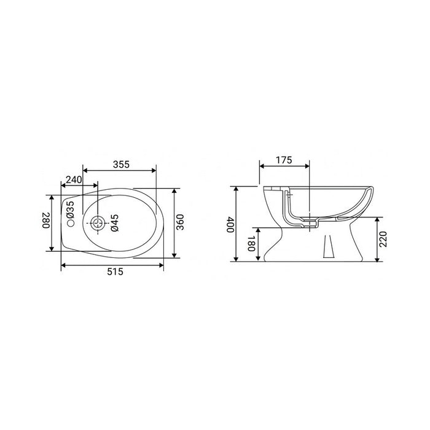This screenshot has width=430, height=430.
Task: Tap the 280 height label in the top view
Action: pyautogui.click(x=45, y=222)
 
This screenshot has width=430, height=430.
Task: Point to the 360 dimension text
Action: pyautogui.click(x=180, y=222)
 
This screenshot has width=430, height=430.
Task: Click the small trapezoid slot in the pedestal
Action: pyautogui.click(x=328, y=248)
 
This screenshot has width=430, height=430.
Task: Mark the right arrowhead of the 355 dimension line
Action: pyautogui.click(x=154, y=170)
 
